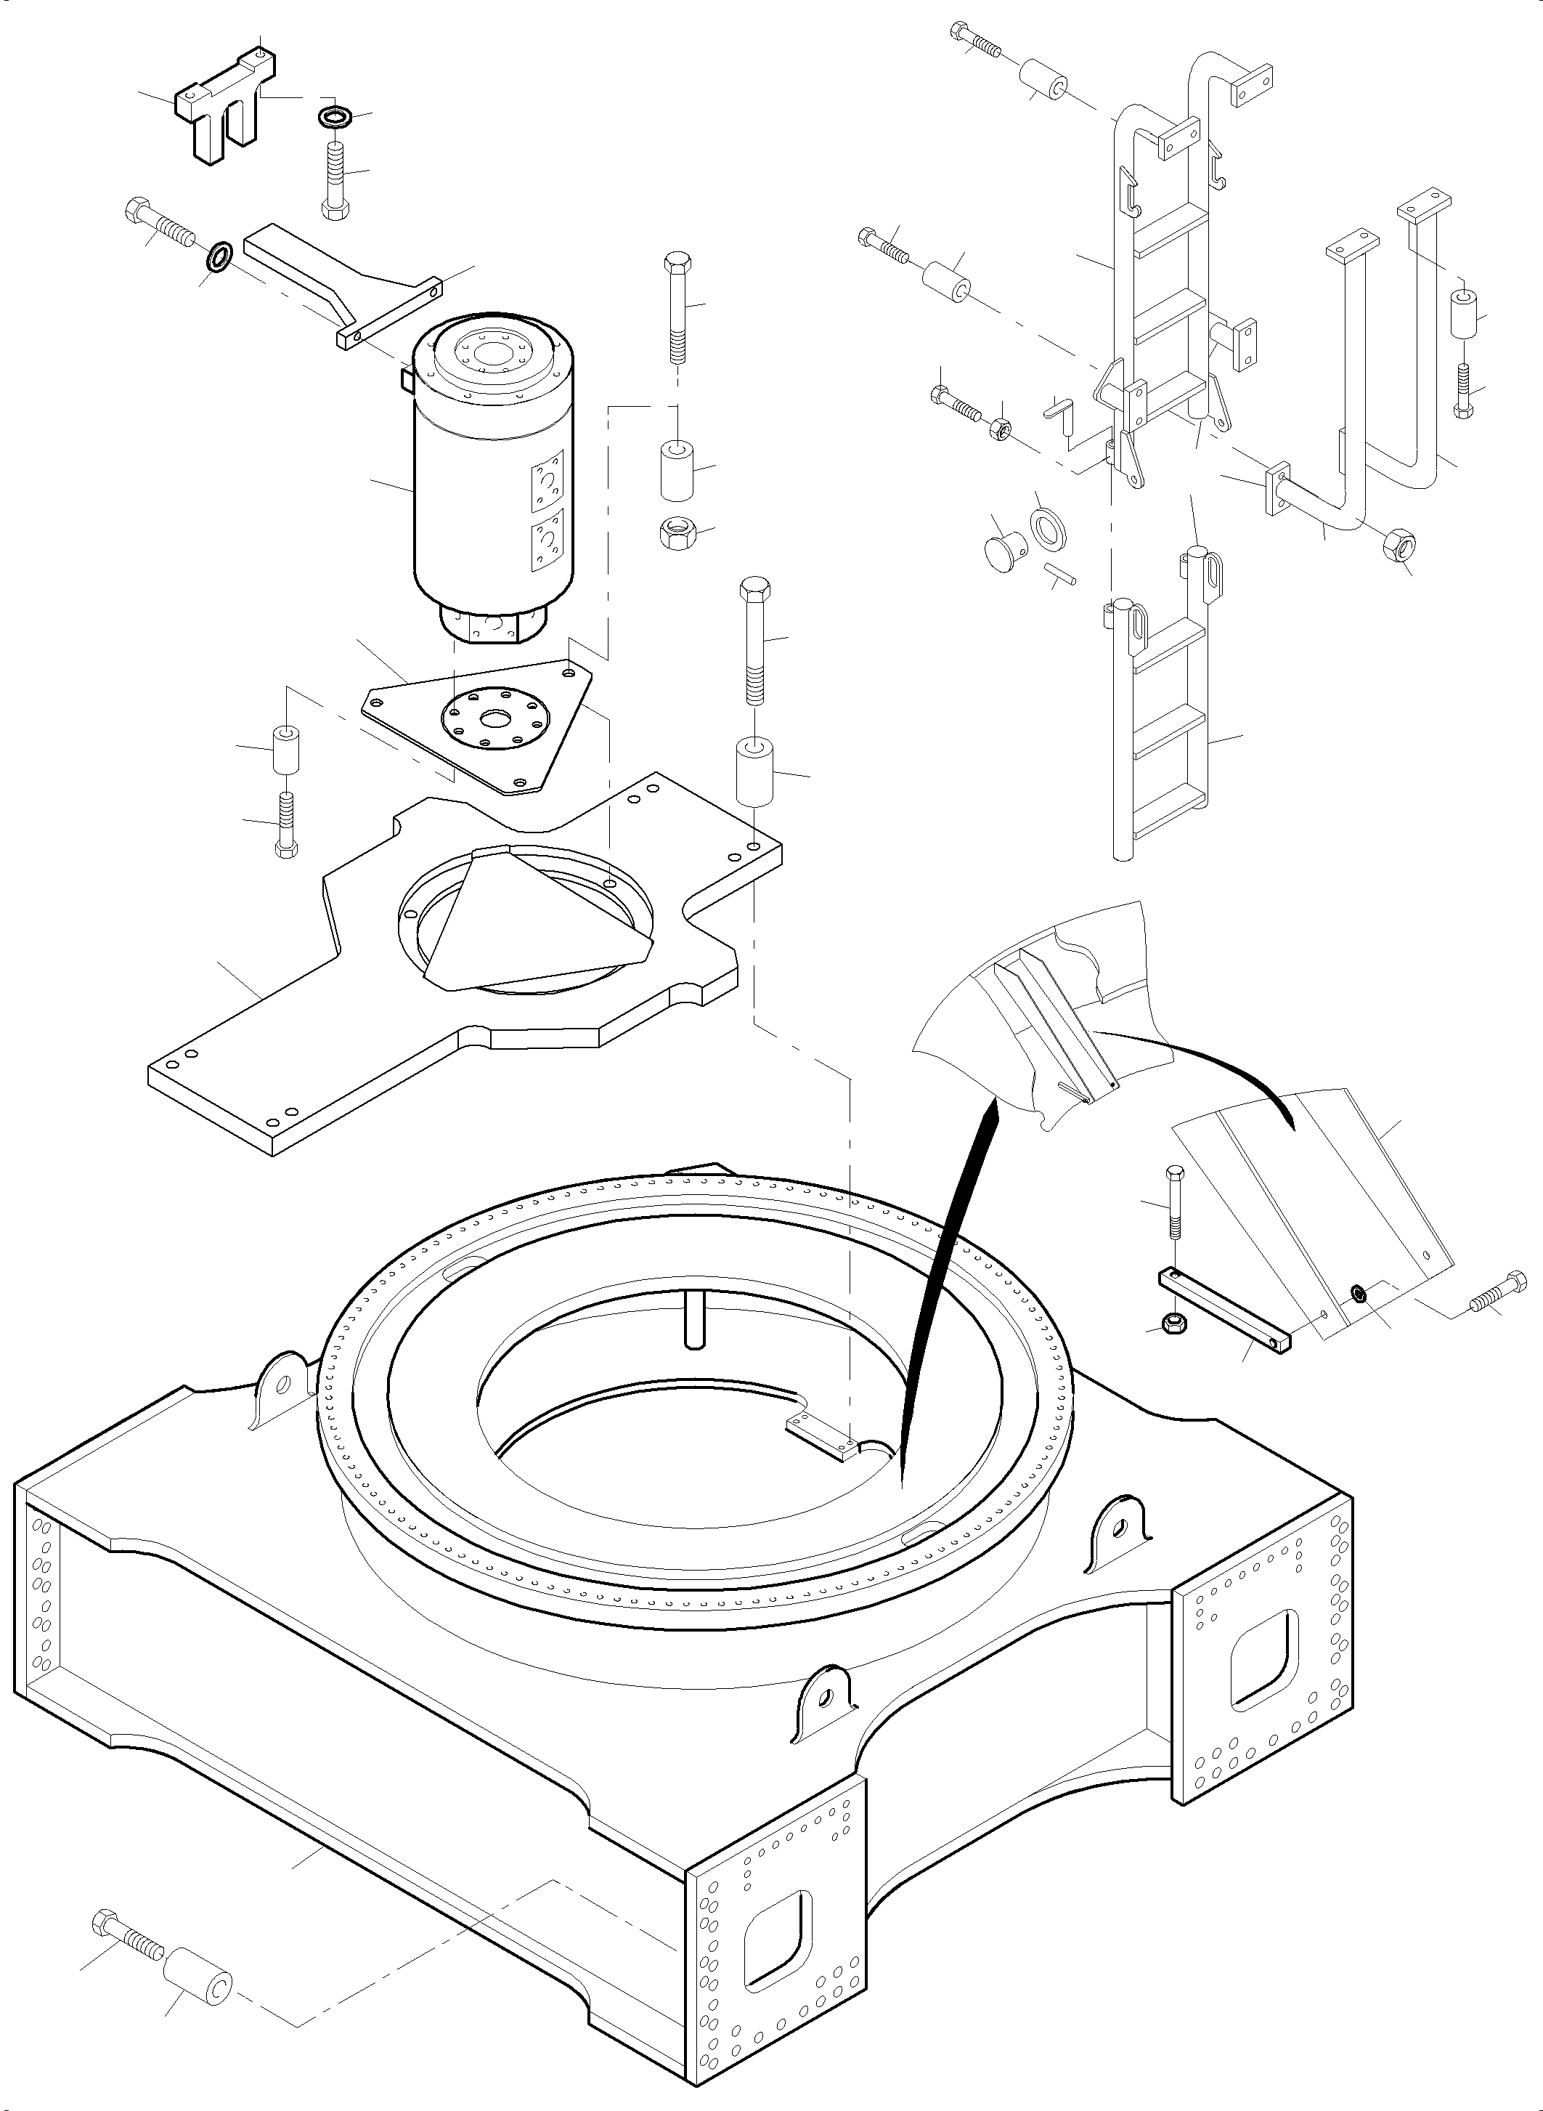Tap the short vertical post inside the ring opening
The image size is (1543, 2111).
[x=693, y=1318]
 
